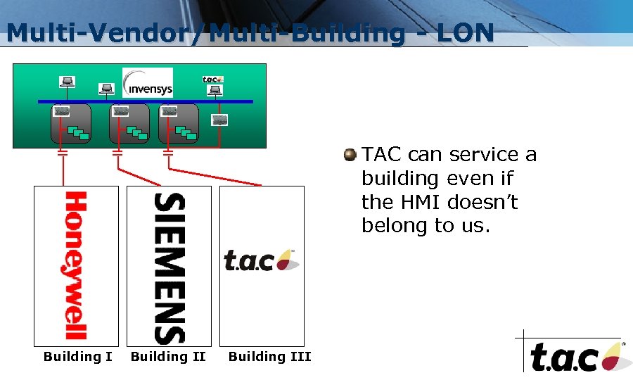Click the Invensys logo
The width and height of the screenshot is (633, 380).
[148, 83]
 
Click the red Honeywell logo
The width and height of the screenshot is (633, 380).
[76, 265]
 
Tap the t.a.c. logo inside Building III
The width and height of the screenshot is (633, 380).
[261, 260]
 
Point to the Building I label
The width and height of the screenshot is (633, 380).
[77, 357]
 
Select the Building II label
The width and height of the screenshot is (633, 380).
[168, 357]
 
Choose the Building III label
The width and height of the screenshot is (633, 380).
[269, 357]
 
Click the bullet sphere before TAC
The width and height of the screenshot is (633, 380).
[350, 156]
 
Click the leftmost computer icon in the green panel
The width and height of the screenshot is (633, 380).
[68, 82]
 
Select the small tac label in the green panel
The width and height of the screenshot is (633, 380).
[212, 80]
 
